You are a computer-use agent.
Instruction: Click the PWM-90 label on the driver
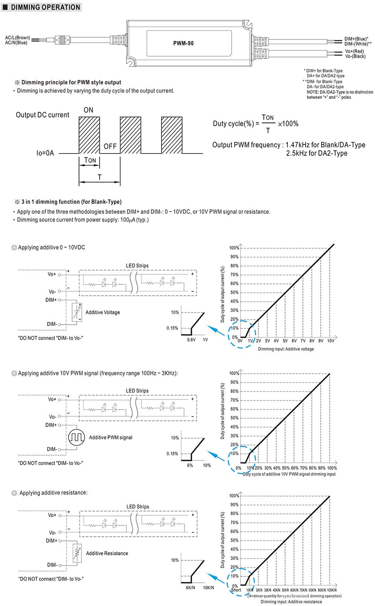(x=183, y=43)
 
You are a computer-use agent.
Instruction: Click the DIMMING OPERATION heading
(x=45, y=7)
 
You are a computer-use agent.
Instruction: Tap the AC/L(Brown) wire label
(x=17, y=38)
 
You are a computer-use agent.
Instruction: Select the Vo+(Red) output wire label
(x=354, y=51)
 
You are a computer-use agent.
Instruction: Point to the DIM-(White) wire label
(x=358, y=44)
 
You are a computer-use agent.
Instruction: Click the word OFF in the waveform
(x=110, y=146)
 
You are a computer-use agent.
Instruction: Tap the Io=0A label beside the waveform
(x=45, y=153)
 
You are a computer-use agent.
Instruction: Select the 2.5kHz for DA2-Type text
(x=317, y=153)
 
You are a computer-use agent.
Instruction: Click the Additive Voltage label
(x=103, y=312)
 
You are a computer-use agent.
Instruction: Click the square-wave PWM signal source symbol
(x=76, y=437)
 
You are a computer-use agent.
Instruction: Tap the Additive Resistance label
(x=107, y=553)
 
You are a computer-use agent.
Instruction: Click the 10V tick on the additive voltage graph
(x=330, y=341)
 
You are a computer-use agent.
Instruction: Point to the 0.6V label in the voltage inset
(x=191, y=340)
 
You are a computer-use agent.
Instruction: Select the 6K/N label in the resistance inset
(x=191, y=587)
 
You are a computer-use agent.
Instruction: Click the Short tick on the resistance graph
(x=236, y=590)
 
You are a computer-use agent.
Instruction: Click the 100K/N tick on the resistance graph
(x=332, y=590)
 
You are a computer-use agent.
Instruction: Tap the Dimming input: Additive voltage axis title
(x=286, y=349)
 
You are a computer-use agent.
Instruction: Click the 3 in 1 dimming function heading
(x=71, y=202)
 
